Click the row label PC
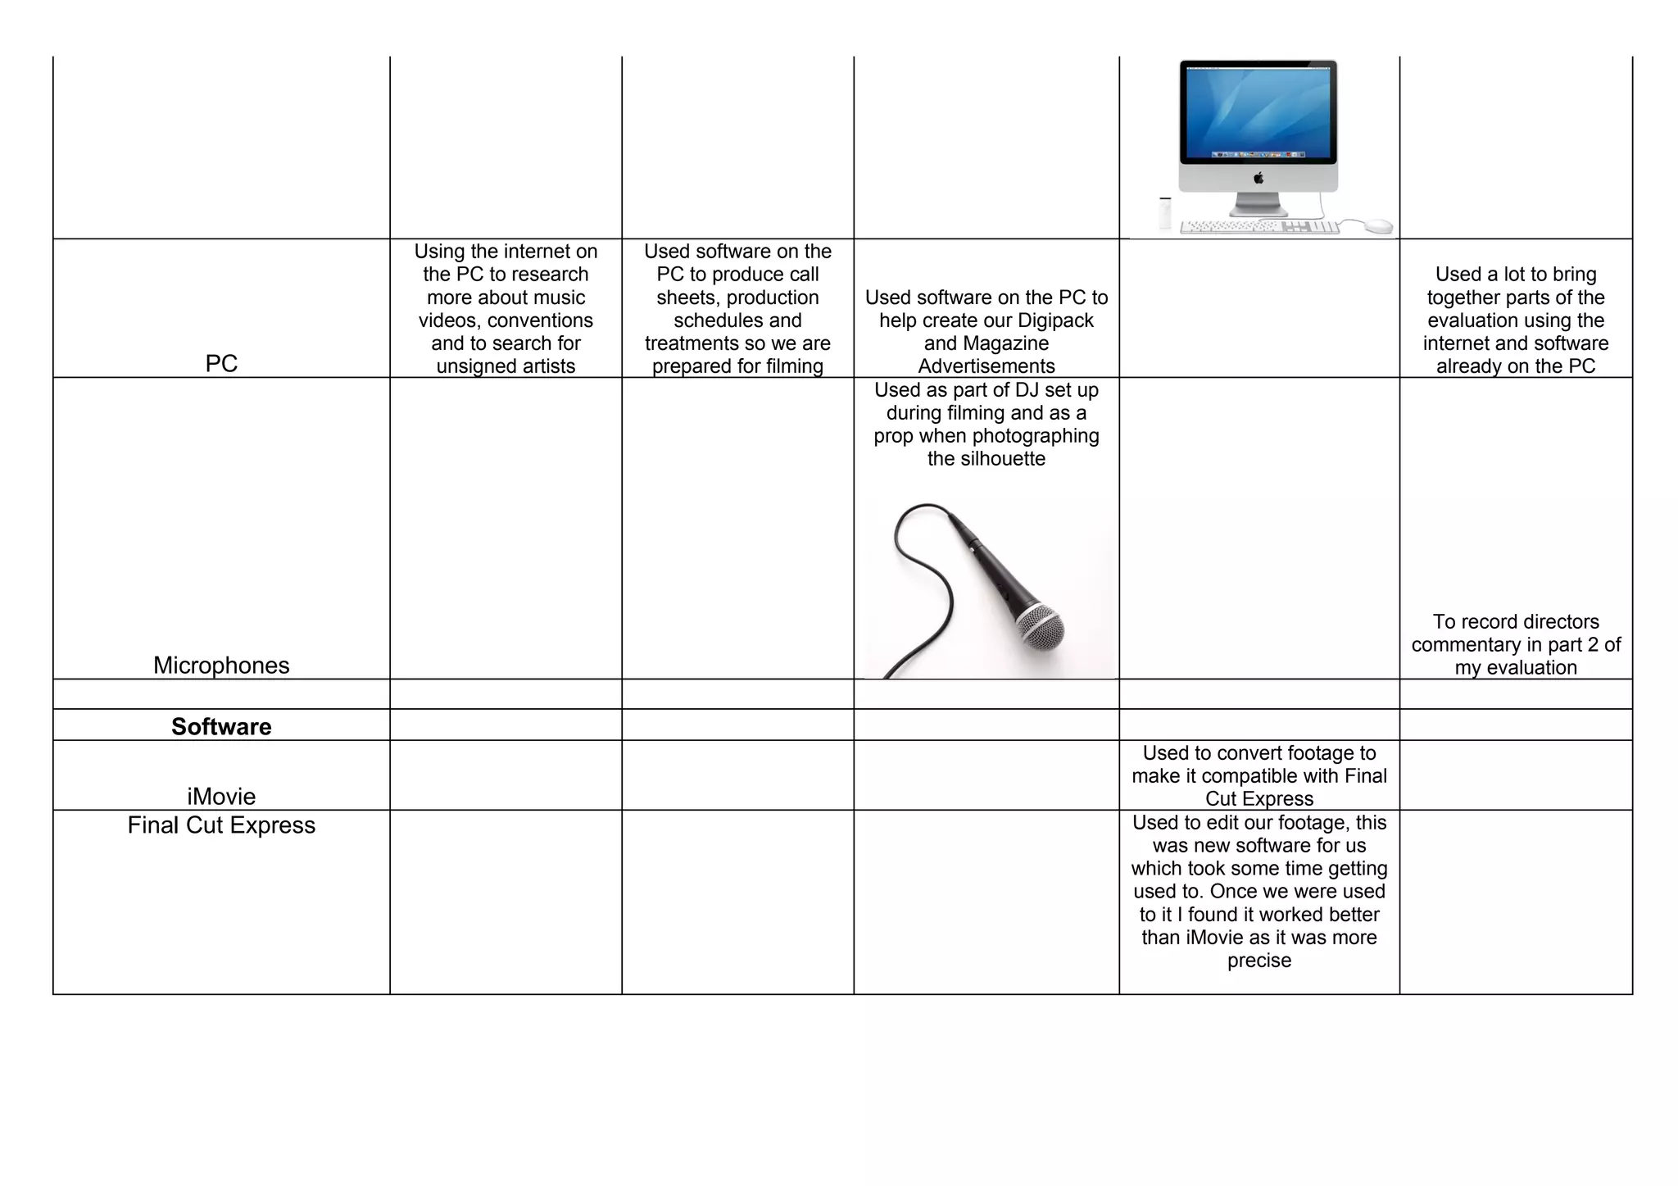point(221,363)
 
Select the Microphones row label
point(221,665)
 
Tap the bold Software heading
point(221,726)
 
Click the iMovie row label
point(221,796)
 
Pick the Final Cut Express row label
point(221,825)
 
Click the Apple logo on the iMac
point(1258,178)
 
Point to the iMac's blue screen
point(1258,111)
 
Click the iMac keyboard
point(1258,226)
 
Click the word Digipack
point(1055,320)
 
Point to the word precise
point(1259,960)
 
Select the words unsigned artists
point(506,366)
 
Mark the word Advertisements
point(986,366)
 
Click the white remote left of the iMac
point(1165,214)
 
